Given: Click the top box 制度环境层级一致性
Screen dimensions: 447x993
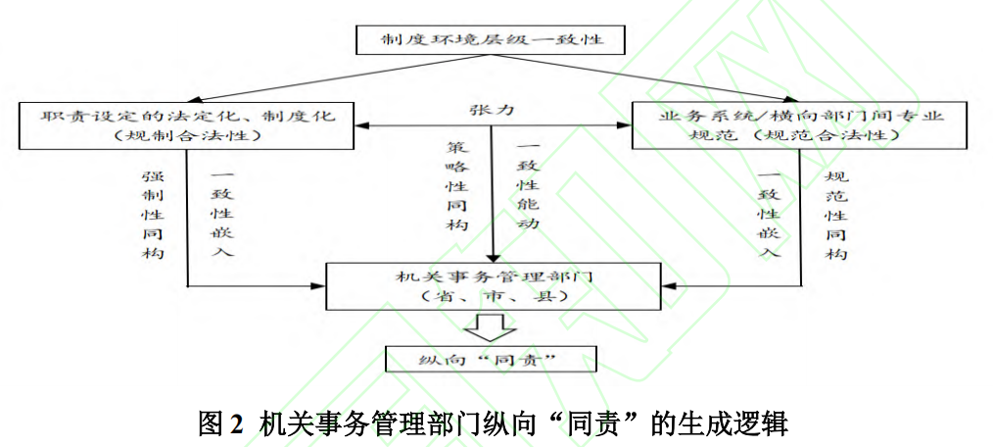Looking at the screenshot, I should coord(489,41).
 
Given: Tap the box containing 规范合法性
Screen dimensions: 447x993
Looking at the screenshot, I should coord(802,124).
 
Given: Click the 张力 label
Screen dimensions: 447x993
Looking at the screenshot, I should coord(493,110).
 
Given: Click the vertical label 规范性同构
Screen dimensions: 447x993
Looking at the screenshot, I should coord(835,214).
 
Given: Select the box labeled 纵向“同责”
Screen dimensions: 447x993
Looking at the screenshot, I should coord(491,359).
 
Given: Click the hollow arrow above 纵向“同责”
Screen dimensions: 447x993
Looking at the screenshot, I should coord(491,326).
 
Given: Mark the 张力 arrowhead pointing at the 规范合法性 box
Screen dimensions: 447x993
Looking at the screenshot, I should coord(626,125).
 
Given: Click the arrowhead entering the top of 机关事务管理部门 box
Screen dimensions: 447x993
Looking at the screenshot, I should coord(492,259).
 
